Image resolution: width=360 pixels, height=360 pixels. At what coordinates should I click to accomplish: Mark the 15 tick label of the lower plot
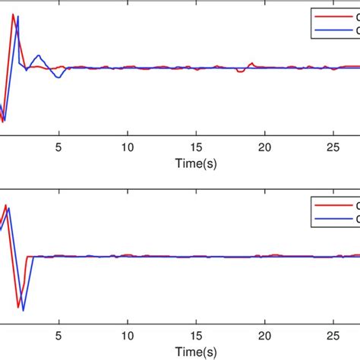pos(196,335)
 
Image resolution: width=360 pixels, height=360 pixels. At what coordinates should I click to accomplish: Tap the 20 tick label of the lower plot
pos(264,335)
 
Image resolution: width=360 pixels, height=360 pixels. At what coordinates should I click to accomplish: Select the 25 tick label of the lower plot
pos(333,335)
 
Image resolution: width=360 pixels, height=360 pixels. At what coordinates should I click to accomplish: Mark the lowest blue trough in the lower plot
pos(24,310)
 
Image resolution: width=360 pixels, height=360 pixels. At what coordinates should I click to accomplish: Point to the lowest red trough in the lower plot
pos(18,302)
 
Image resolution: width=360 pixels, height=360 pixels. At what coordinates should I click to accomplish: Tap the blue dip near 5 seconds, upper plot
pos(57,77)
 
